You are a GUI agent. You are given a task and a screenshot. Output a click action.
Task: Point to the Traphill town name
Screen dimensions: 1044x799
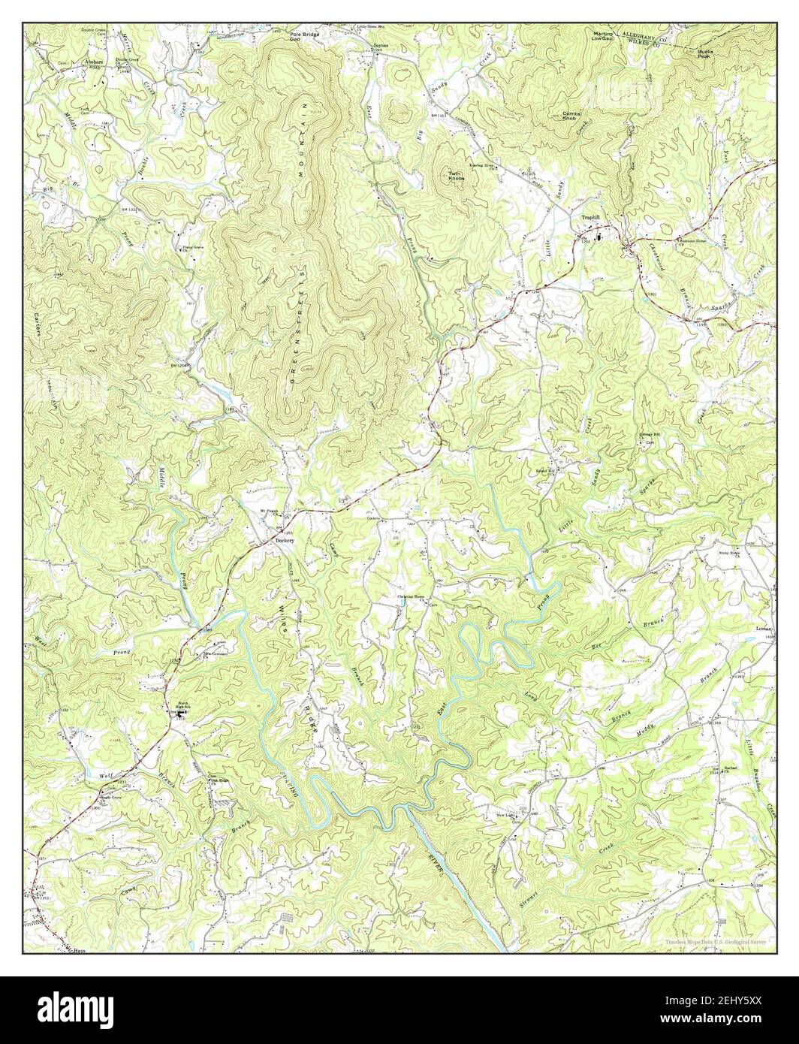pos(593,219)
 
